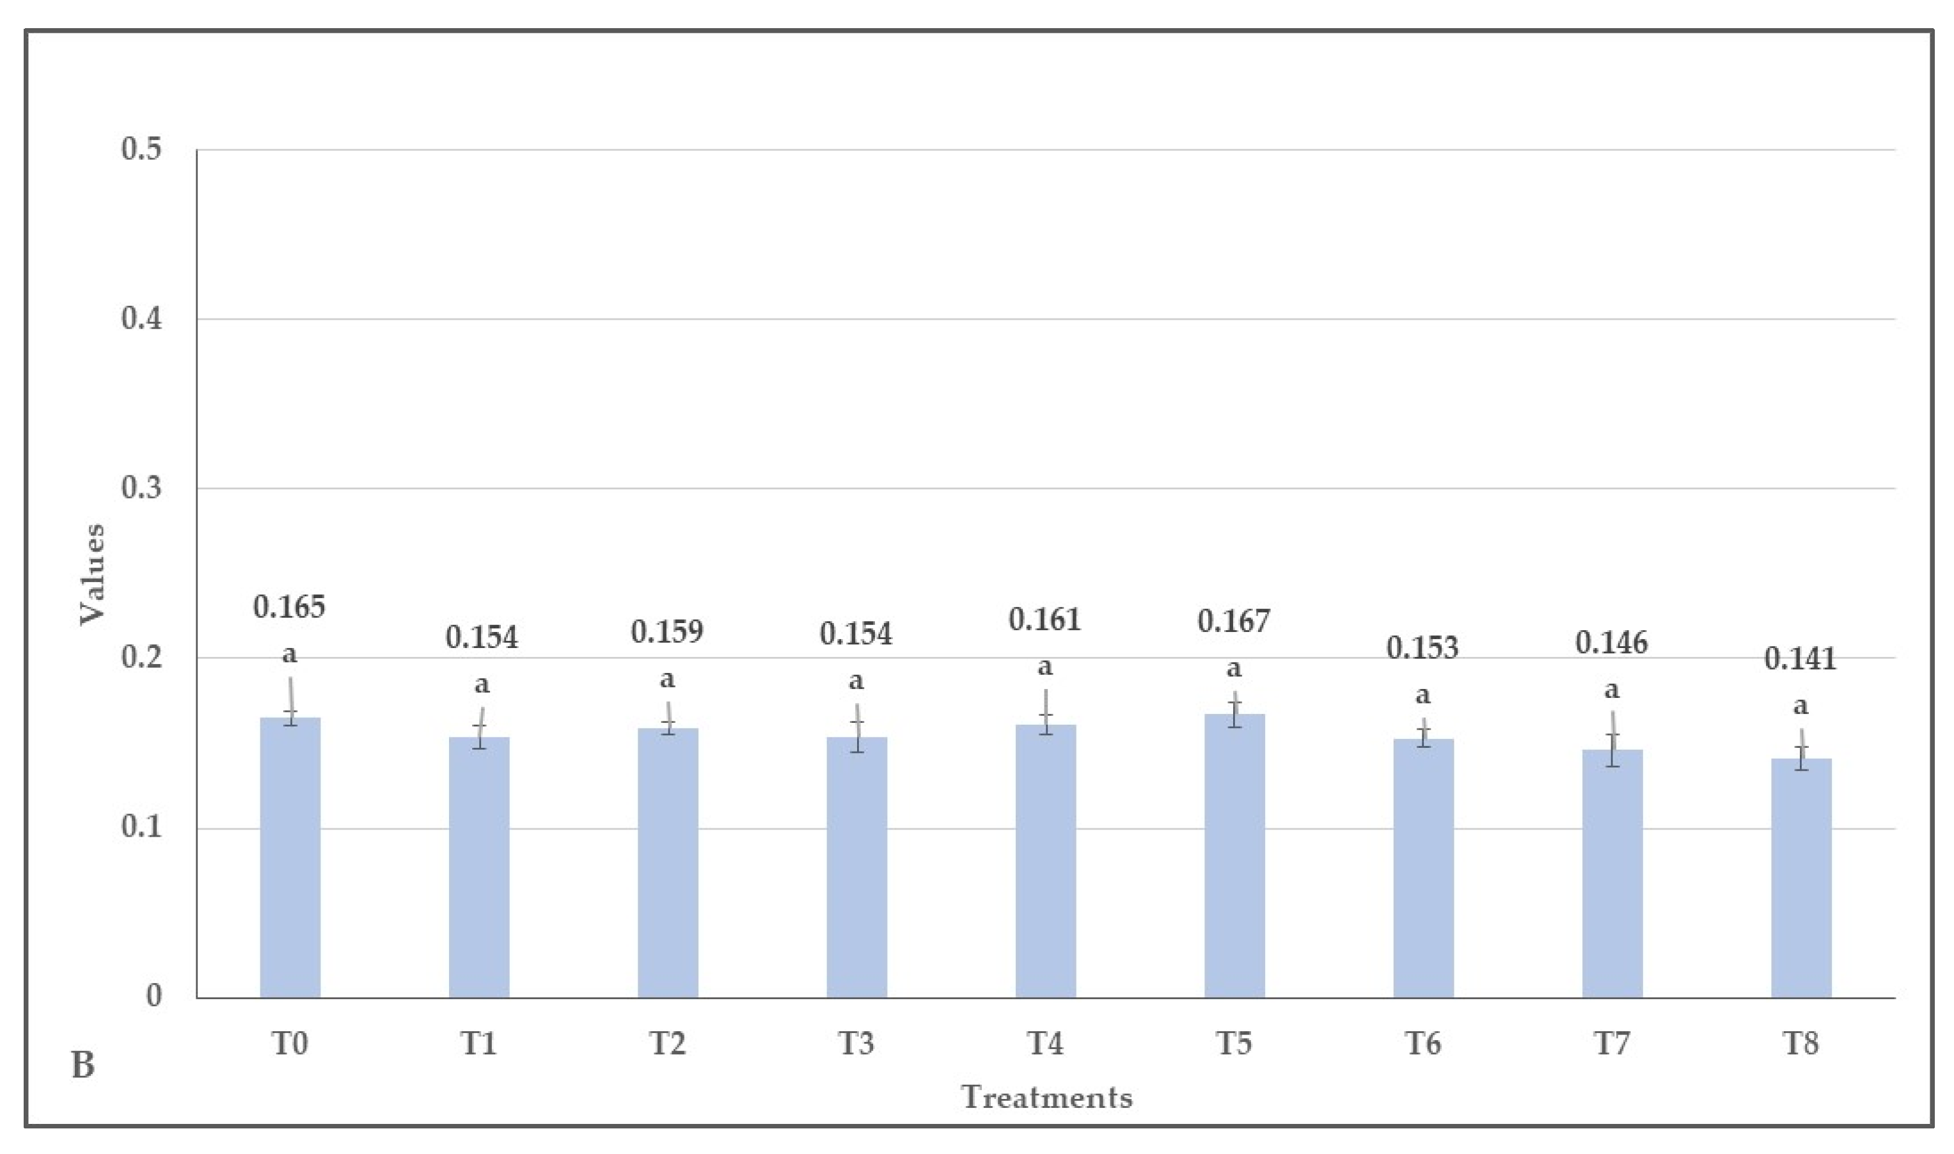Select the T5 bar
click(1234, 855)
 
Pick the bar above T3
click(857, 867)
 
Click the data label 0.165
click(289, 607)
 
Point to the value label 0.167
click(1234, 621)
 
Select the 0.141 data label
click(1800, 660)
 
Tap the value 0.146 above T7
click(1611, 643)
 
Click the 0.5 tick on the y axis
click(141, 149)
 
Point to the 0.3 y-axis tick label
click(141, 488)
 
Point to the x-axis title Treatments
click(1046, 1097)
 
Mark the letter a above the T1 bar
click(482, 685)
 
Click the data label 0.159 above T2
click(667, 632)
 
